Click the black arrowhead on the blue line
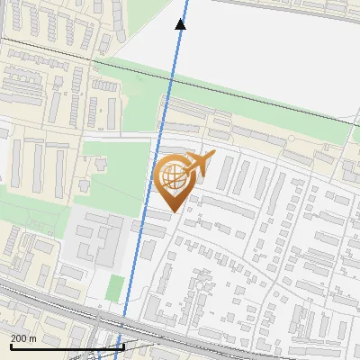pos(180,24)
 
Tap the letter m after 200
pos(33,338)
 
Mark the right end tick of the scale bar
pos(123,345)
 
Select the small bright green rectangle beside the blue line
pos(114,288)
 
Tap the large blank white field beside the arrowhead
pos(270,45)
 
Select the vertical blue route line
pos(153,180)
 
